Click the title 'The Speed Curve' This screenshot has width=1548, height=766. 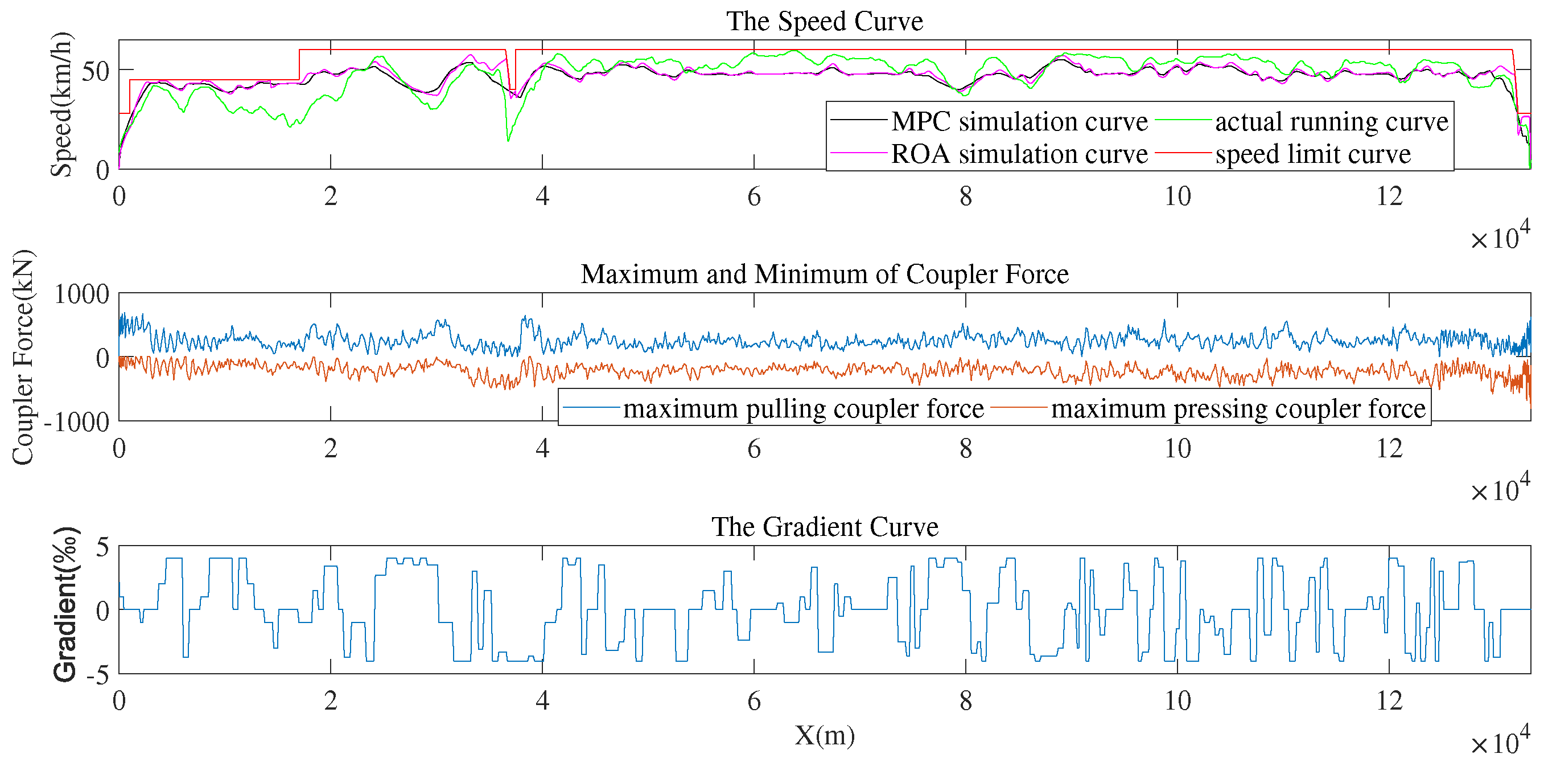click(824, 22)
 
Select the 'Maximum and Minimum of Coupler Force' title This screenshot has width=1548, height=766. click(824, 274)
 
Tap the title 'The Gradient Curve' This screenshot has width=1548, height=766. click(824, 527)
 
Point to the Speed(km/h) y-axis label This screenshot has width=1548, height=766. click(61, 105)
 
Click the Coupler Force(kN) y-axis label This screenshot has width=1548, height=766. click(23, 357)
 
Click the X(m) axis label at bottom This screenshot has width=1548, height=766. click(824, 735)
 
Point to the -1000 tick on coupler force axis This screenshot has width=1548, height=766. click(76, 423)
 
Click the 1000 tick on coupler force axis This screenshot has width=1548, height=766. click(82, 294)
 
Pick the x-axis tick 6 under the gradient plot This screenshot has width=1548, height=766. click(754, 701)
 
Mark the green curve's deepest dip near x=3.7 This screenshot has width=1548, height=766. click(508, 141)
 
